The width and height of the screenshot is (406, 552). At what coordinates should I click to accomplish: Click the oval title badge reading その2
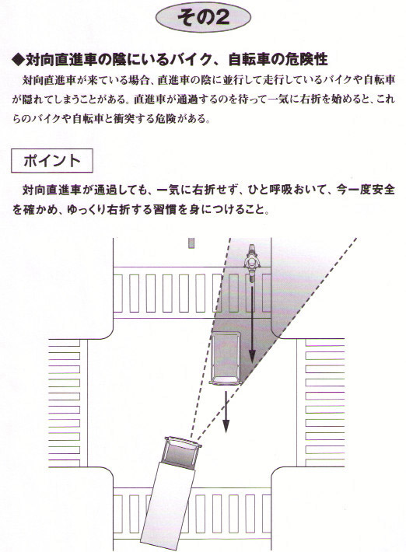[203, 16]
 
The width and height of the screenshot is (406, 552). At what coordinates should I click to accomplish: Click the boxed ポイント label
[52, 161]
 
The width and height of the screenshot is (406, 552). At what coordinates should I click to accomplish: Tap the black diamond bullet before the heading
[18, 60]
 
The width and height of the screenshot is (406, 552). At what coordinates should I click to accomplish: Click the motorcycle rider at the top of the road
[252, 261]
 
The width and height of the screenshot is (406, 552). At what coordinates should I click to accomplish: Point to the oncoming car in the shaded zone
[226, 358]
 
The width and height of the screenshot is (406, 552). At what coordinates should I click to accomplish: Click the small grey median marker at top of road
[191, 243]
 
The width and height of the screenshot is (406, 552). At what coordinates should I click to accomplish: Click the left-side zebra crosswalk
[64, 403]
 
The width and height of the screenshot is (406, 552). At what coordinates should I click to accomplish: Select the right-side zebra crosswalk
[324, 403]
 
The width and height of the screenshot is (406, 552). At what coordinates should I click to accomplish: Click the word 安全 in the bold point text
[383, 190]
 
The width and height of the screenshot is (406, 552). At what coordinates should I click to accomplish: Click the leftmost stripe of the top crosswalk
[118, 293]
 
